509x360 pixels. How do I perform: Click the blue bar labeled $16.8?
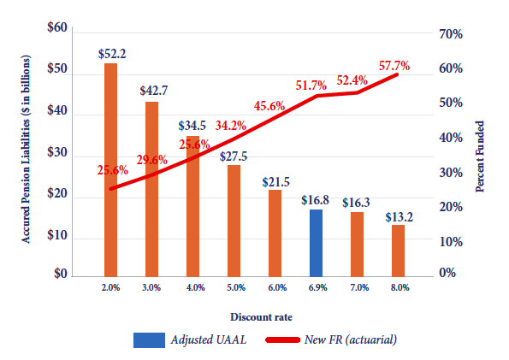click(x=315, y=242)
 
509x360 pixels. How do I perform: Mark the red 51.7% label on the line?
click(x=313, y=85)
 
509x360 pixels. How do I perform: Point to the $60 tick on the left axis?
click(x=56, y=28)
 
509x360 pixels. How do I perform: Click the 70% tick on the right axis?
click(x=452, y=34)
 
